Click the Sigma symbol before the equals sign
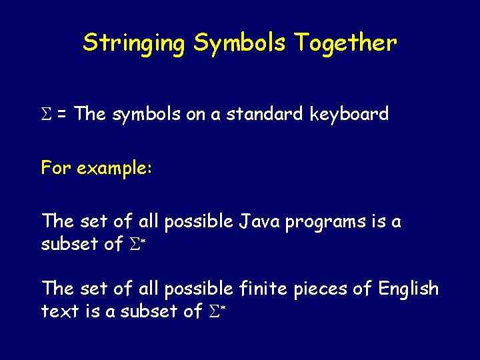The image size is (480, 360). [46, 115]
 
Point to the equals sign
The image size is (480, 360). [61, 115]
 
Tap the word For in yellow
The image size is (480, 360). [57, 168]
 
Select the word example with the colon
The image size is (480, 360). [115, 169]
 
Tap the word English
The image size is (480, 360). [408, 289]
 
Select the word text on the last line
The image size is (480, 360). [58, 311]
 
